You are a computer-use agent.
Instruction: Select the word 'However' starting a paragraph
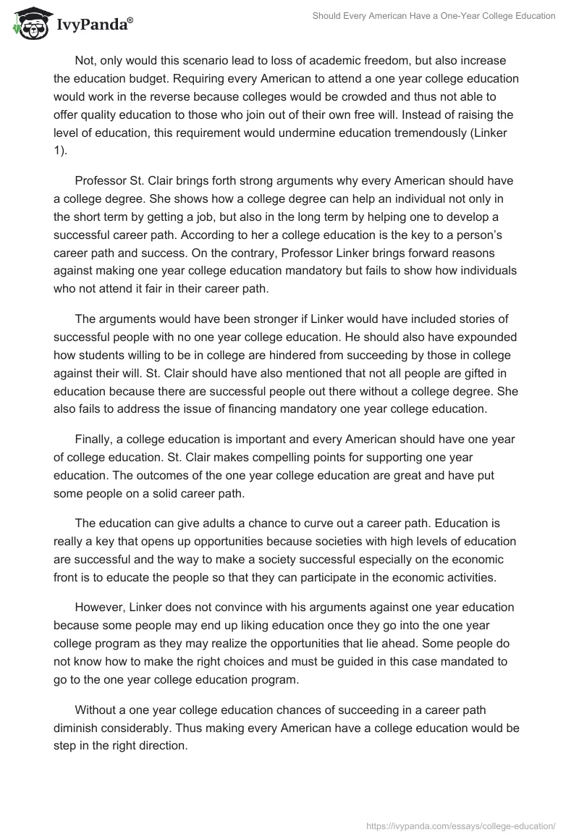point(100,606)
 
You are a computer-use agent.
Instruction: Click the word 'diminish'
point(77,728)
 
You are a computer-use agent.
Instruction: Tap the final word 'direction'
point(156,747)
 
